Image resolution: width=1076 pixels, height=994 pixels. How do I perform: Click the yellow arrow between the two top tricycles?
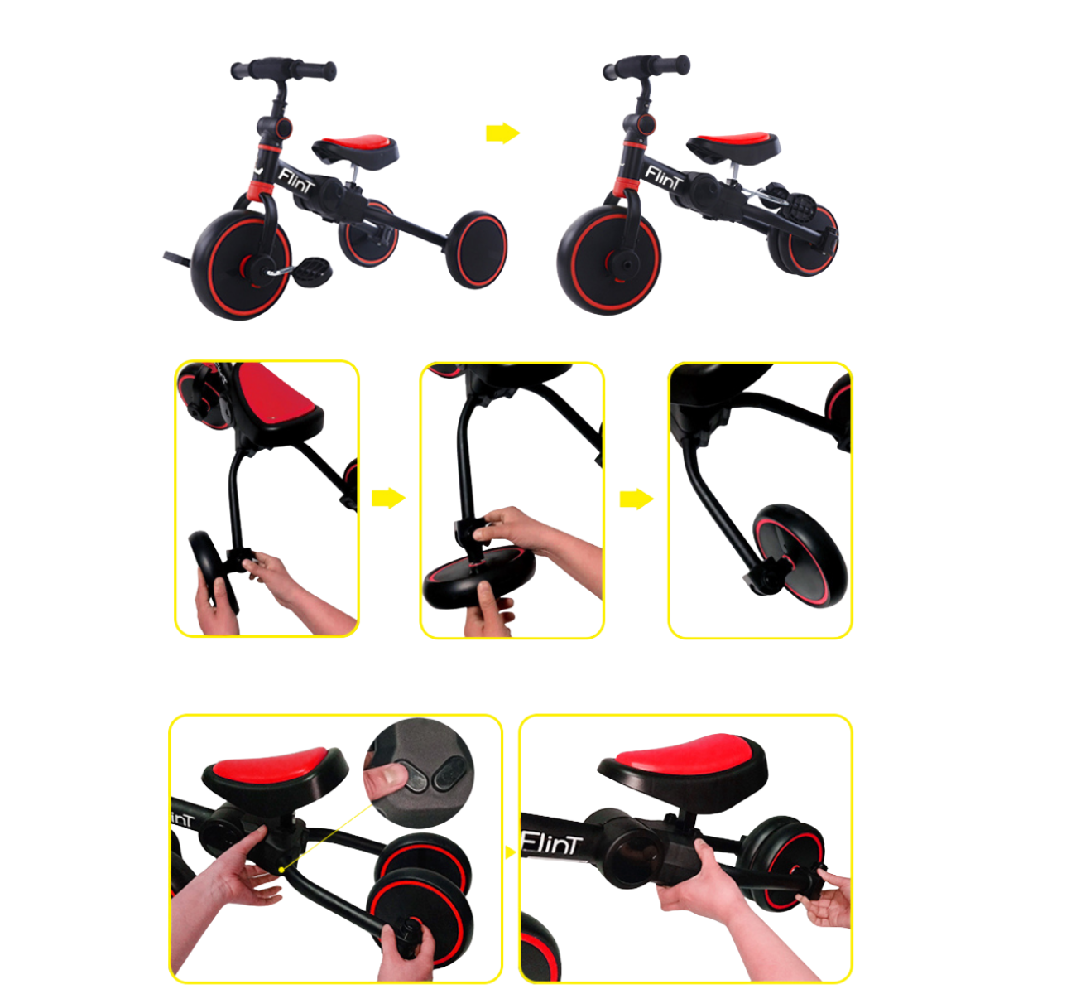pos(502,133)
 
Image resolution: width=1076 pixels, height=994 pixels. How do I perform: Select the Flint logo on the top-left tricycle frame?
pos(295,181)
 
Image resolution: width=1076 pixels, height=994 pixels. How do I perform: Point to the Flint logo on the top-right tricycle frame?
pos(664,177)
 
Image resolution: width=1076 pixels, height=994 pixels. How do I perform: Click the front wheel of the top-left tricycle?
pos(243,264)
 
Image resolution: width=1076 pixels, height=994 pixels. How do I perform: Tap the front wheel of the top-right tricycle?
pos(609,259)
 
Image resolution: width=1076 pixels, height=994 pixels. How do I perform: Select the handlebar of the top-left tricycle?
pos(283,70)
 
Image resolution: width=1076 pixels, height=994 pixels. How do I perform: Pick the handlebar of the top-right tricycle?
pos(646,67)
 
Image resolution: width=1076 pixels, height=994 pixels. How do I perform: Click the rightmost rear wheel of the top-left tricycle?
pos(476,249)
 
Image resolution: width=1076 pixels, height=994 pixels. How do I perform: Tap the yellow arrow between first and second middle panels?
pos(388,498)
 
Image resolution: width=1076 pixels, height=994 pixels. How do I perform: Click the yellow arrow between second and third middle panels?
pos(636,499)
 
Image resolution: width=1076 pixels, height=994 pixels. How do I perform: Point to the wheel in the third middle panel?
pos(800,555)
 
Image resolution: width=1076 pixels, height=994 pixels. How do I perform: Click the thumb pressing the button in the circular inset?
pos(387,781)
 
